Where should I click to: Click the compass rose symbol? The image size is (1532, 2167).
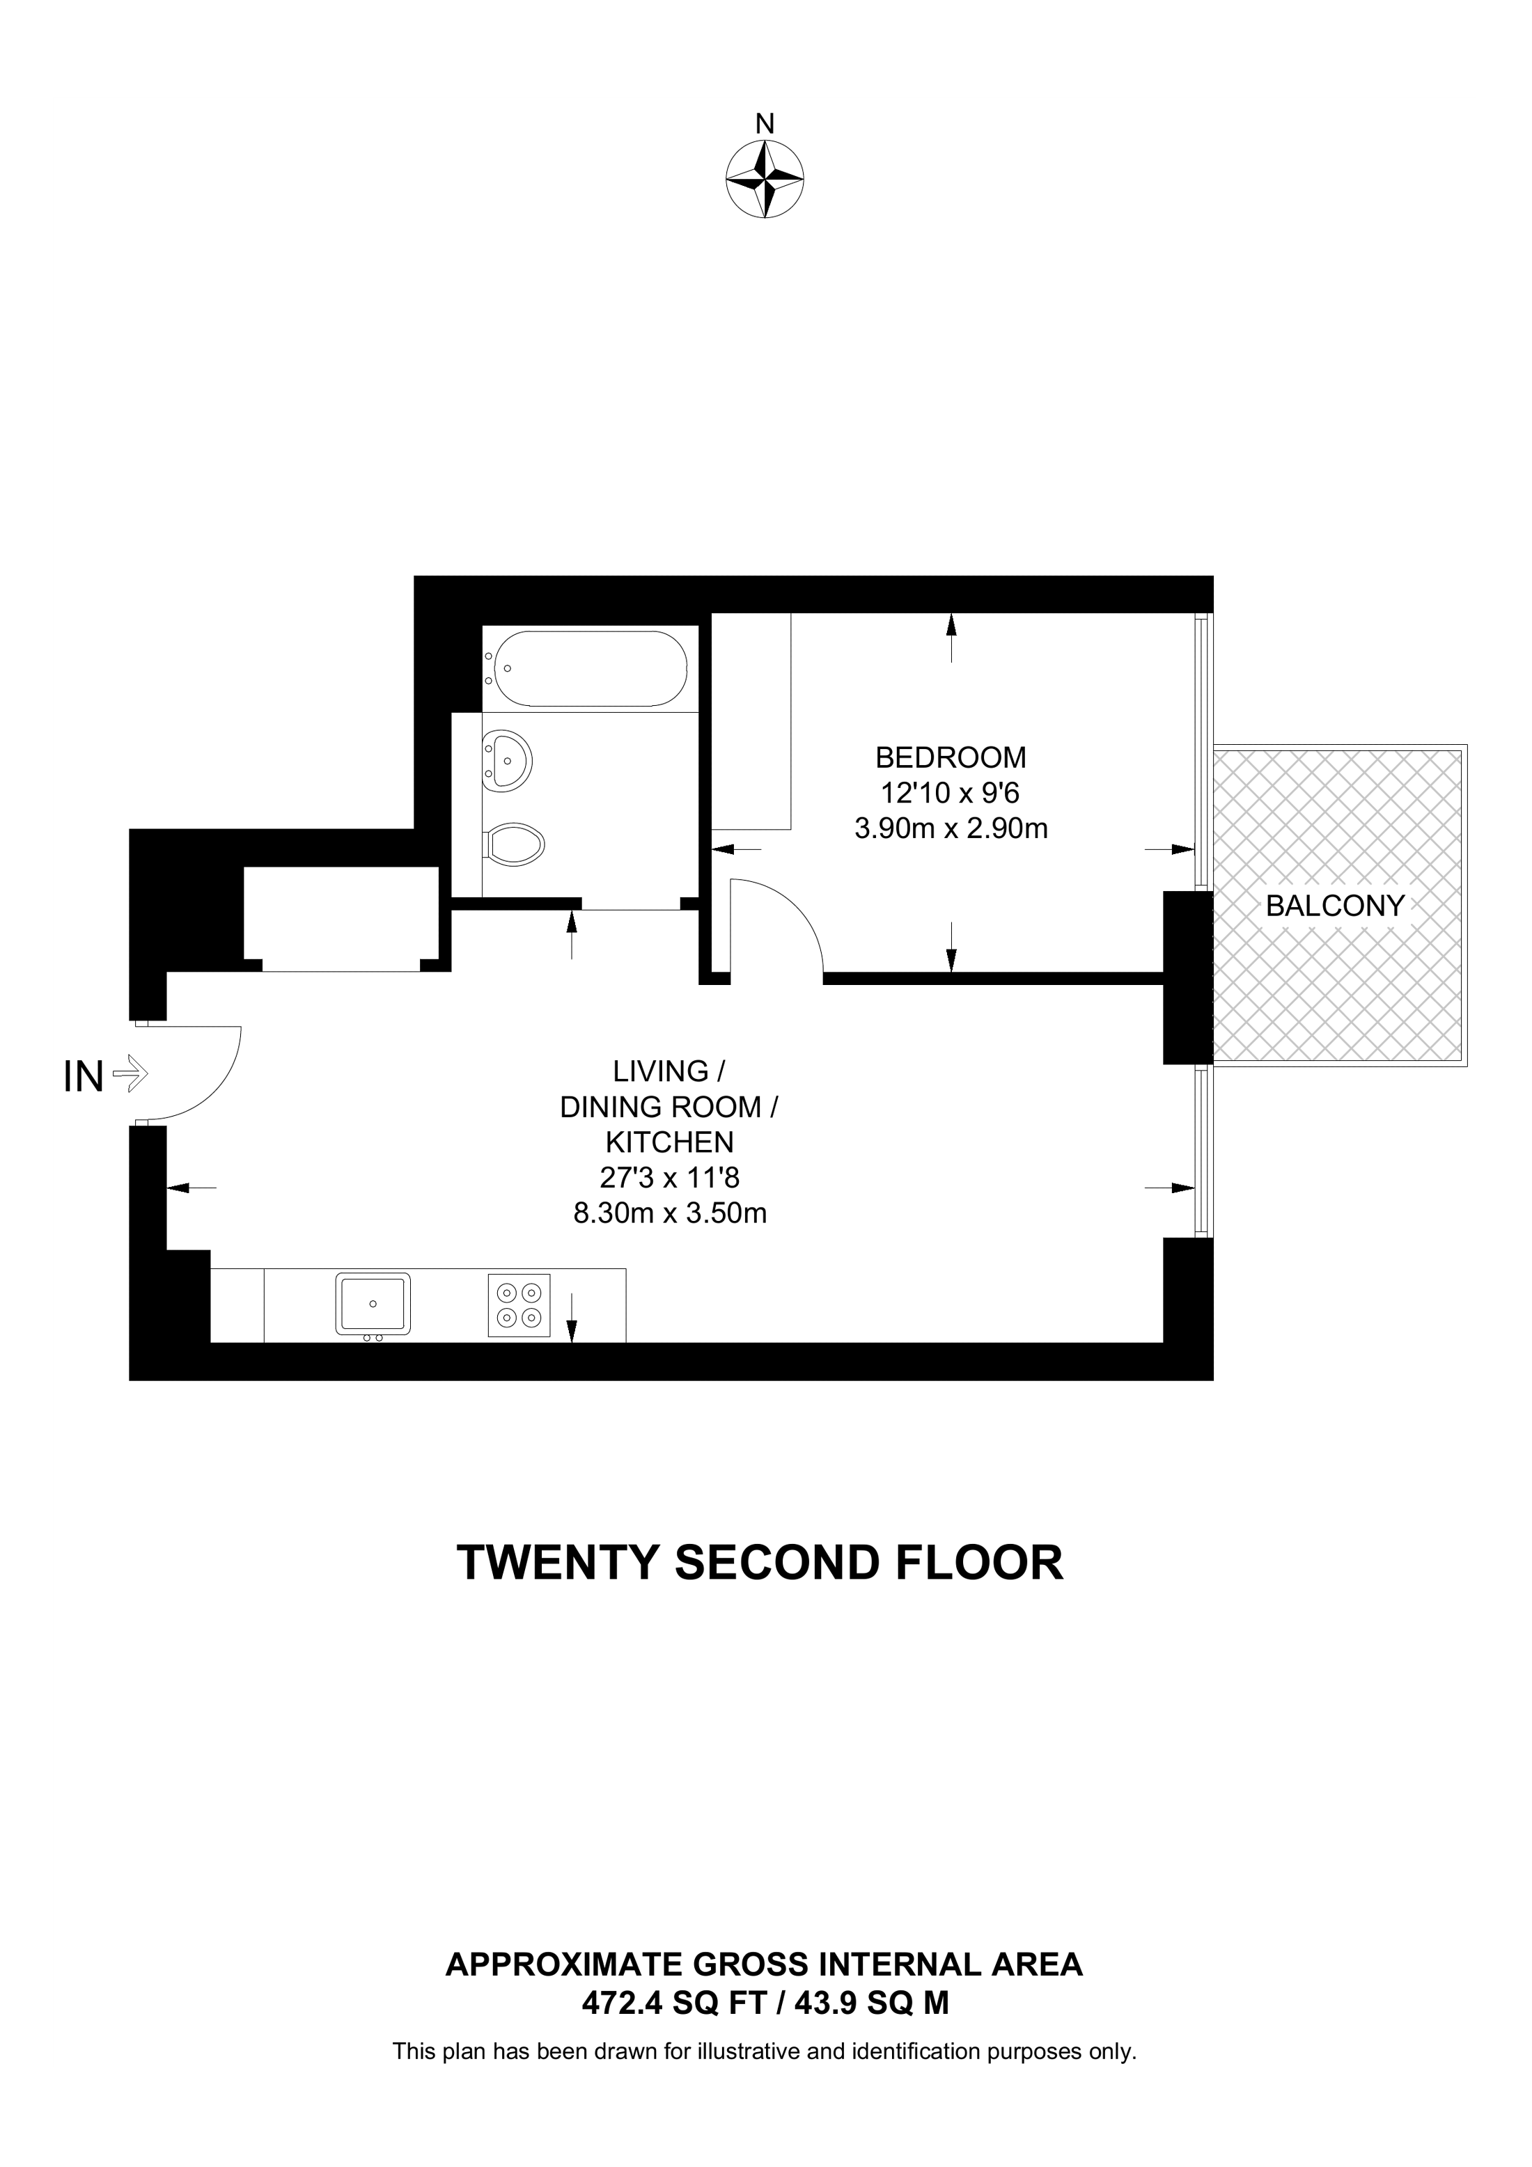(x=765, y=180)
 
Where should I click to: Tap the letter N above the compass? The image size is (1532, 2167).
(x=765, y=124)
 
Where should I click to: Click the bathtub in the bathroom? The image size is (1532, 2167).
(x=590, y=668)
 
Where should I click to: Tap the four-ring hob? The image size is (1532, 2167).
(x=519, y=1305)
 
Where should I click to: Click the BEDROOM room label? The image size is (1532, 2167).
(x=951, y=757)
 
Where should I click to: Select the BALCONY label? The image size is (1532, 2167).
(x=1335, y=906)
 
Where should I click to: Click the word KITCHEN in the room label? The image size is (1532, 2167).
(x=669, y=1142)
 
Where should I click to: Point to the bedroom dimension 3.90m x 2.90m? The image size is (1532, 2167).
(x=951, y=828)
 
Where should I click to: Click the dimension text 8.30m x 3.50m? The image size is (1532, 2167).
(x=670, y=1213)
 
